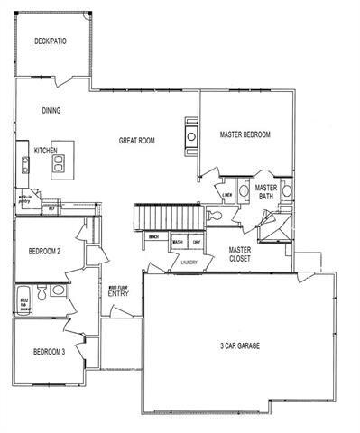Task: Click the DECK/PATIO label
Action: coord(50,41)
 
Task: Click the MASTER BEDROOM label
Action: coord(245,134)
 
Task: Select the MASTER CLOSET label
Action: coord(239,255)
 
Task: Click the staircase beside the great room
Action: coord(167,216)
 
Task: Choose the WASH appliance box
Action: coord(179,243)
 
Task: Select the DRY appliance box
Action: coord(195,243)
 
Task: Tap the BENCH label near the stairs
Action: coord(155,236)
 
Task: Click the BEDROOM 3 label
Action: coord(50,352)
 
